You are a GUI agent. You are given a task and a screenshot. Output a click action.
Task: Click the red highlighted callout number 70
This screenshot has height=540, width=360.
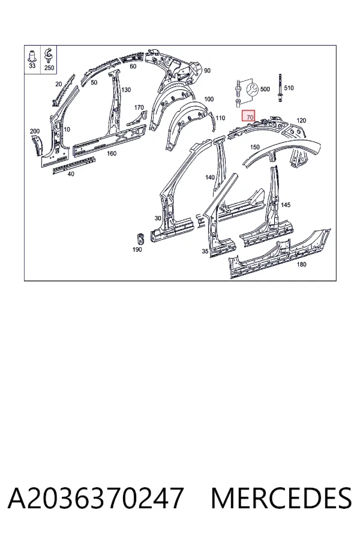250,117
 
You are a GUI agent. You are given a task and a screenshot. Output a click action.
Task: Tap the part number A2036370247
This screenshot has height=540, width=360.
95,498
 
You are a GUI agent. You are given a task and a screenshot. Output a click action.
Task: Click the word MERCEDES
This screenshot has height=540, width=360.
281,498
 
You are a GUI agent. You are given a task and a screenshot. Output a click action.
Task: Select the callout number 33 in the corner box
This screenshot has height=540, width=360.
32,65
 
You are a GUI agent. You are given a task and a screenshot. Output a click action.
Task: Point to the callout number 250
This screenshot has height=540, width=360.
49,68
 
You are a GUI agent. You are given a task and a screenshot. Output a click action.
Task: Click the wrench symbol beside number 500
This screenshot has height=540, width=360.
252,90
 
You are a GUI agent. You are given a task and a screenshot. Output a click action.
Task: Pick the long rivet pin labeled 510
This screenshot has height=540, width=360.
280,88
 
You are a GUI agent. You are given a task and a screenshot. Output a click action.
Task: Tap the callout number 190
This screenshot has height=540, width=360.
137,250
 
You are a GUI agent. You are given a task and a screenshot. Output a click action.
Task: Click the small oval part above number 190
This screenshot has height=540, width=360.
140,238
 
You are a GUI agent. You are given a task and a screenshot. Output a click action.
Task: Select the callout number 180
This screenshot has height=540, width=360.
301,264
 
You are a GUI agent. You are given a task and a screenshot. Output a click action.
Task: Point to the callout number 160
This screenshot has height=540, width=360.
112,153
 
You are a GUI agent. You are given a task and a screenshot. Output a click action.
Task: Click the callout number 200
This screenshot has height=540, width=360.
34,131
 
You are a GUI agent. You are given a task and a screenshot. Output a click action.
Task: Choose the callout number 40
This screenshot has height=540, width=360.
71,174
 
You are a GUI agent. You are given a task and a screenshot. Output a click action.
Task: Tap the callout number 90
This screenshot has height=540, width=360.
207,71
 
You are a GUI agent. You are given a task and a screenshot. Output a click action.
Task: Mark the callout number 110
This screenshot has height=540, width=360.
220,118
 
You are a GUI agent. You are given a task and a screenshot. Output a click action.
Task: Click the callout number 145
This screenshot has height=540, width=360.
286,205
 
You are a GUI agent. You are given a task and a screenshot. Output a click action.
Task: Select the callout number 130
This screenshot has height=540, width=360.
126,89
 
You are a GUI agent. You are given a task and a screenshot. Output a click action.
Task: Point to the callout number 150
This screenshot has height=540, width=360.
254,147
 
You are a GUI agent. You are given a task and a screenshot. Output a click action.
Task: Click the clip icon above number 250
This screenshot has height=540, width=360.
48,55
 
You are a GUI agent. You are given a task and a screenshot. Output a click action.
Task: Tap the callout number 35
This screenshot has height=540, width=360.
205,251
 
